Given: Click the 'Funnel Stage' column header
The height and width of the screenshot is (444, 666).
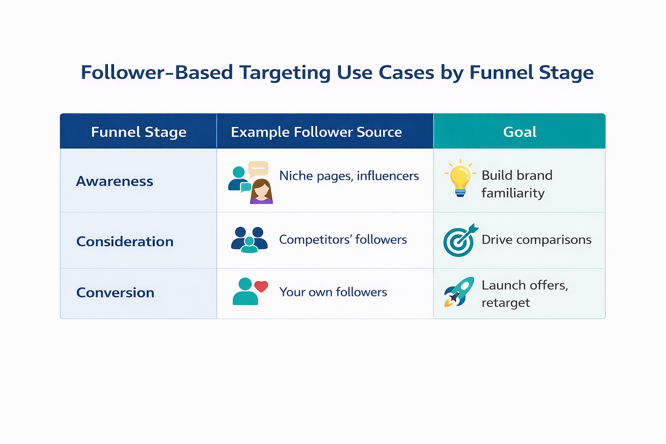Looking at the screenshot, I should click(x=139, y=132).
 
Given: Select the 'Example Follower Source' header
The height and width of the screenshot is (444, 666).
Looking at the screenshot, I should click(x=316, y=132).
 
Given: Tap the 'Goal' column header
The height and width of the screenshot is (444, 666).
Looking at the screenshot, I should click(x=519, y=132).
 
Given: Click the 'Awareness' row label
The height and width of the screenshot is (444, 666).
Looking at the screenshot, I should click(x=114, y=181).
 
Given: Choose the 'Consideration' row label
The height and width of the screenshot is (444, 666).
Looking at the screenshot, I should click(x=125, y=242).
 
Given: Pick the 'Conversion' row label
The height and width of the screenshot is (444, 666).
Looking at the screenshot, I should click(x=115, y=293).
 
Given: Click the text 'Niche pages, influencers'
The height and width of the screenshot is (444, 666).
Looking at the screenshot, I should click(x=349, y=176).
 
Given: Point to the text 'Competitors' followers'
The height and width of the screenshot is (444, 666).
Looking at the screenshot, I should click(x=343, y=240).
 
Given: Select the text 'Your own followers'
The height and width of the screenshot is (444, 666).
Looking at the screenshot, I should click(x=333, y=292).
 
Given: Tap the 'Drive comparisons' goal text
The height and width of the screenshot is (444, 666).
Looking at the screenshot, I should click(x=536, y=240).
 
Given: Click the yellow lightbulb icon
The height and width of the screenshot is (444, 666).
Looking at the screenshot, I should click(x=460, y=178).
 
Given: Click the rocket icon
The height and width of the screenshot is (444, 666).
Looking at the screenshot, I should click(x=459, y=292).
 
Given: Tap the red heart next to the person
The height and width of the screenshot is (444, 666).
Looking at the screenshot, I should click(x=261, y=286).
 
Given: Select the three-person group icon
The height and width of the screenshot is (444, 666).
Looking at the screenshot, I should click(x=249, y=240).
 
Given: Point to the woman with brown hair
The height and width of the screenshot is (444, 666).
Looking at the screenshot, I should click(x=261, y=191).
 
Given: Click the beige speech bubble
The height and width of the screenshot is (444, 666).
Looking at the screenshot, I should click(x=258, y=169).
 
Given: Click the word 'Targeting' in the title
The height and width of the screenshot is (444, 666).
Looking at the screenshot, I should click(x=285, y=72).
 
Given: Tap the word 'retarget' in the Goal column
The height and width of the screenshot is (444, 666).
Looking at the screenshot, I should click(x=506, y=303).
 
